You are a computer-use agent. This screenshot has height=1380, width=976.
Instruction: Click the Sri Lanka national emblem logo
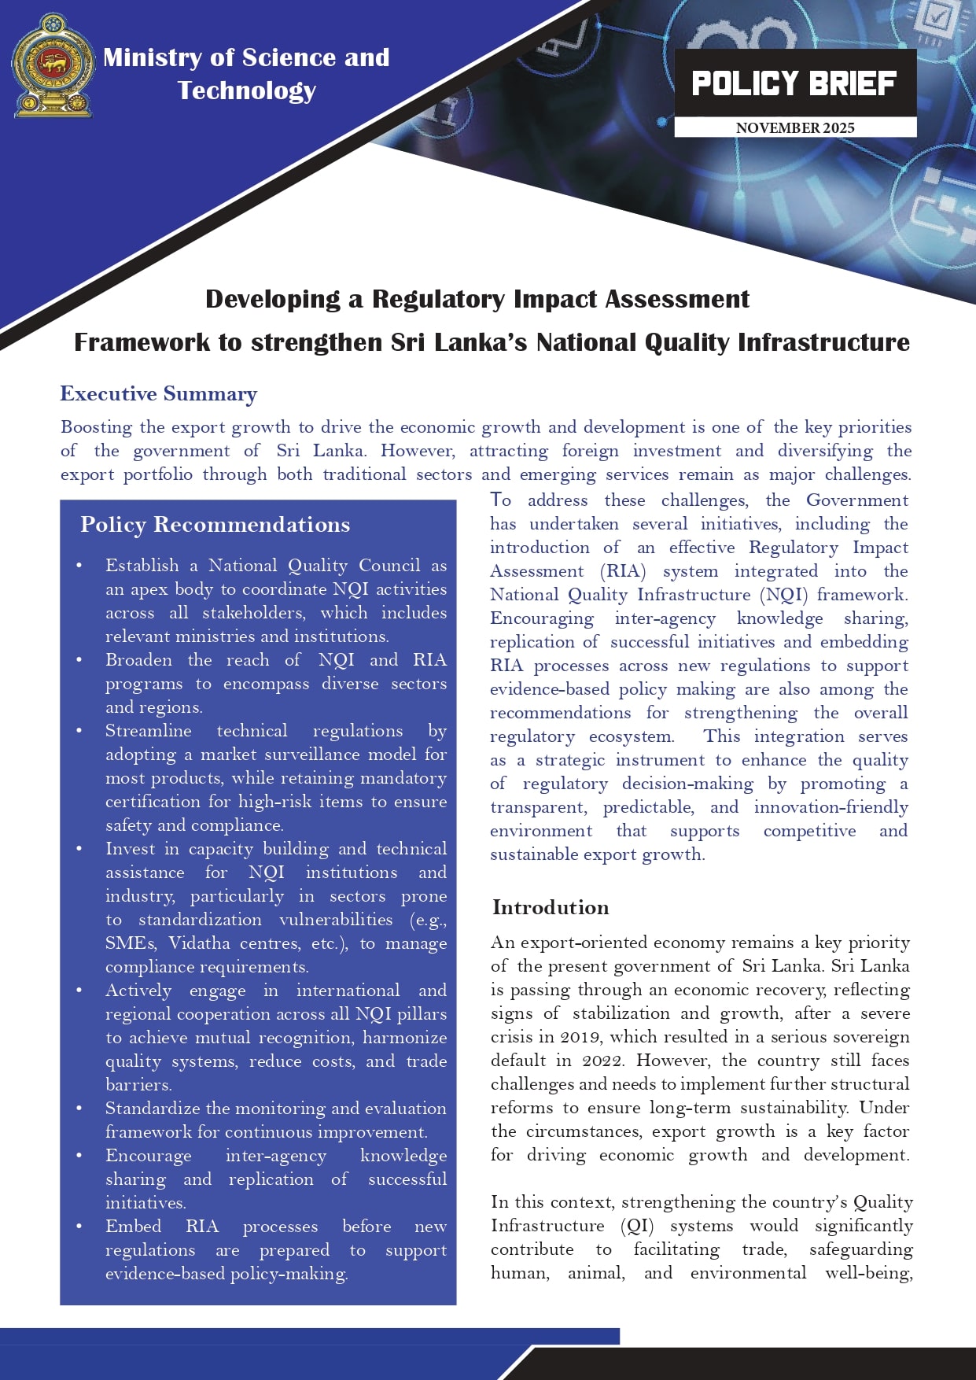point(53,66)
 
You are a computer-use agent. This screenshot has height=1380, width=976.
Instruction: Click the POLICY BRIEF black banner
point(794,83)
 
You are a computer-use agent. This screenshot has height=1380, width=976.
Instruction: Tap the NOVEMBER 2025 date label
point(795,127)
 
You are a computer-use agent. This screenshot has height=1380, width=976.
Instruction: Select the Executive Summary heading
point(159,394)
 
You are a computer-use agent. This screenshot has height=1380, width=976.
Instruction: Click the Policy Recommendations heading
point(215,525)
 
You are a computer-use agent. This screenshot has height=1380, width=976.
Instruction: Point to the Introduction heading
point(551,908)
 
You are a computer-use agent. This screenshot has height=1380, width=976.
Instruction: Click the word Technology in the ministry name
point(247,90)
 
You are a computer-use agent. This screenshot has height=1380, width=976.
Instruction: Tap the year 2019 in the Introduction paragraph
point(581,1037)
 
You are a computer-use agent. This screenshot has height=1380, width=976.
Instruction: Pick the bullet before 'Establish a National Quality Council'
point(79,566)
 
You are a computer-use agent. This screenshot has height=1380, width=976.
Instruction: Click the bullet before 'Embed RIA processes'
point(79,1227)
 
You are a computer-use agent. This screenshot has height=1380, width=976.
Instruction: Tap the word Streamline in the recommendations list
point(149,731)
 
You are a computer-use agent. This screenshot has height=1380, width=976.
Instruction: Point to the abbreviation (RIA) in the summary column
point(623,571)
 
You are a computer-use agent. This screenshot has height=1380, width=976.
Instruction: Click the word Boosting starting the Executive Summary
point(96,427)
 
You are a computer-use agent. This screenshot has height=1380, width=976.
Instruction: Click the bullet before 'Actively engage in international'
point(79,991)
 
